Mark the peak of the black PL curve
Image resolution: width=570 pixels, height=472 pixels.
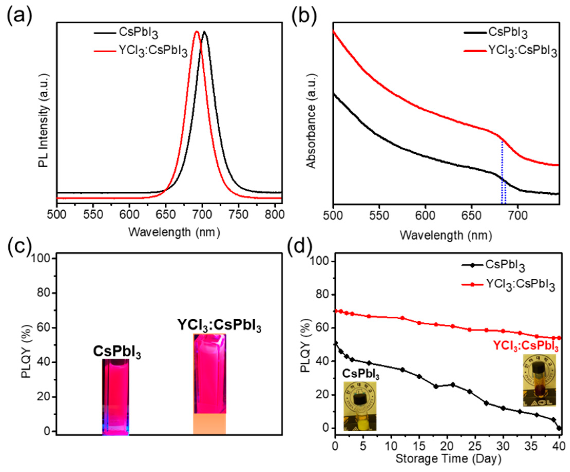pyautogui.click(x=204, y=32)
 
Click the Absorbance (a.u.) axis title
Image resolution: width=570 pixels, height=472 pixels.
pyautogui.click(x=311, y=121)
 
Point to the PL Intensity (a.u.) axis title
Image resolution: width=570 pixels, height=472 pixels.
pyautogui.click(x=43, y=119)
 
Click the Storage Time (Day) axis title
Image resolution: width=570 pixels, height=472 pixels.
pyautogui.click(x=448, y=459)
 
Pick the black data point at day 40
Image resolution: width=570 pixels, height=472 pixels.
pyautogui.click(x=559, y=428)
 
